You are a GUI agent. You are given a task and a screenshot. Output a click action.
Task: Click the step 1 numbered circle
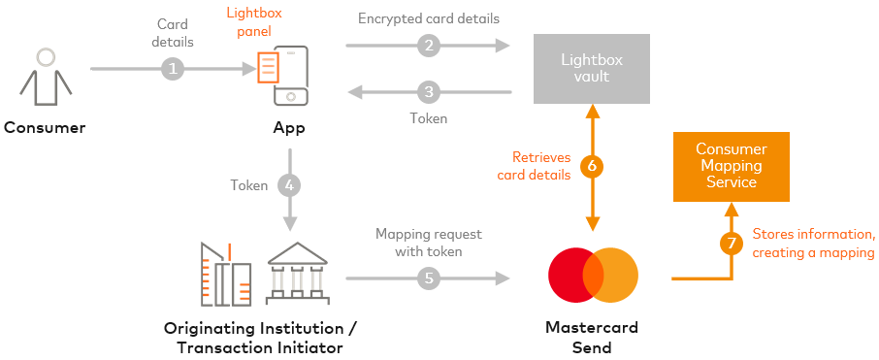point(173,69)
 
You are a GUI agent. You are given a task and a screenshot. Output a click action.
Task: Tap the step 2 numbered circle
point(429,45)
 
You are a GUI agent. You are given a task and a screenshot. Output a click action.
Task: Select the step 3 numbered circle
point(429,93)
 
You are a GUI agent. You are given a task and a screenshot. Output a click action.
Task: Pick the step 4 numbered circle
point(288,184)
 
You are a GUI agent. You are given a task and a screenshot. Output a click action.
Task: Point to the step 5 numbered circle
point(429,278)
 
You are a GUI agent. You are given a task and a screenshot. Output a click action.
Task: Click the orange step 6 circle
point(592,166)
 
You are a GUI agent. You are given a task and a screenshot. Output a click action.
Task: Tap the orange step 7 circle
point(732,243)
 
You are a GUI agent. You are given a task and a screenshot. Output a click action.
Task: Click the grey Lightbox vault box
point(592,68)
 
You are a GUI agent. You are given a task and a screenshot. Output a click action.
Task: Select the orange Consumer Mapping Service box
point(732,166)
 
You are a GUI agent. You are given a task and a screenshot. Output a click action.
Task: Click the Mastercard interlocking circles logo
point(593,275)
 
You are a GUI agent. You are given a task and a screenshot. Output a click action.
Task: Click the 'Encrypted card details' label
point(428,18)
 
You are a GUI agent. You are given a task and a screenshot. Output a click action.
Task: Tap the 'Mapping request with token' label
point(428,243)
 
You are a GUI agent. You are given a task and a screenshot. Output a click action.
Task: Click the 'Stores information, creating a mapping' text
point(813,244)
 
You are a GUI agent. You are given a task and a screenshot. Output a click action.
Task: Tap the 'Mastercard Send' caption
point(592,338)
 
